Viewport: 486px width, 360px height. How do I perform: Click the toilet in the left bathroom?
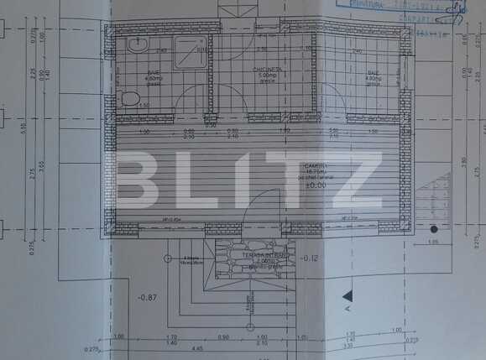(129, 99)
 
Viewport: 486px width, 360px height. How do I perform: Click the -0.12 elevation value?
(310, 258)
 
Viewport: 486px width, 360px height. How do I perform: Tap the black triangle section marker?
(347, 295)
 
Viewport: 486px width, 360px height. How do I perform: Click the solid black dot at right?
(434, 228)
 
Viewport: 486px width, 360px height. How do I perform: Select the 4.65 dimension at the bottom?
(173, 347)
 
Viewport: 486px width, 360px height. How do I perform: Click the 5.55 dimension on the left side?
(24, 128)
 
